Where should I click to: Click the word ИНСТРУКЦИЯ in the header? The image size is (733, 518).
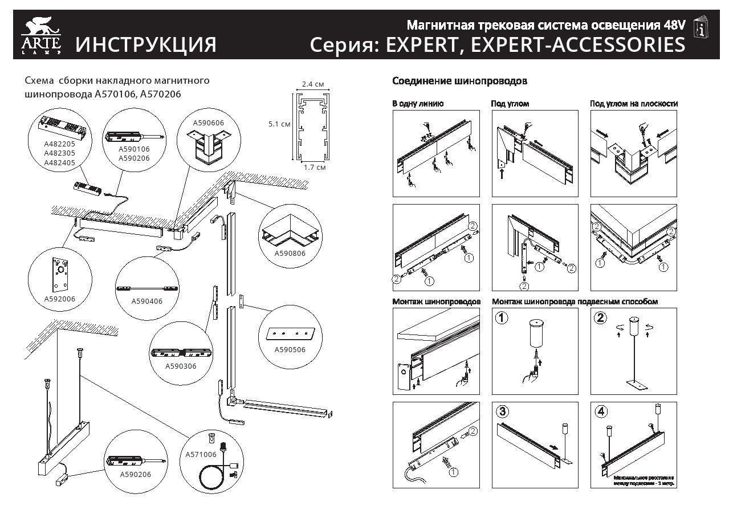[145, 45]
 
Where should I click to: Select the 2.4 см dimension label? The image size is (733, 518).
[313, 84]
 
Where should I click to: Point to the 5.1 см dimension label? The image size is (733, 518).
[279, 123]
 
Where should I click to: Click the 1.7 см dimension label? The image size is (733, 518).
[314, 168]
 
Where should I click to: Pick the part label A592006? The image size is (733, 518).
[59, 298]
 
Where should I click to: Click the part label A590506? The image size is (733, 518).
[290, 349]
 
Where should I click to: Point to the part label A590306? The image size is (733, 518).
[181, 366]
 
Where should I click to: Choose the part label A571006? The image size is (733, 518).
[201, 454]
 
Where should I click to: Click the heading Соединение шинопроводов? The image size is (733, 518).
[459, 81]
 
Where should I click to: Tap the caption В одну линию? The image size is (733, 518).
[418, 104]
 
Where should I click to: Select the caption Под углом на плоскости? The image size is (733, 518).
[633, 104]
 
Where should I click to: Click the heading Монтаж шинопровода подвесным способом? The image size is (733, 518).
[575, 301]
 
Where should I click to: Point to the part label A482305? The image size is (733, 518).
[59, 153]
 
